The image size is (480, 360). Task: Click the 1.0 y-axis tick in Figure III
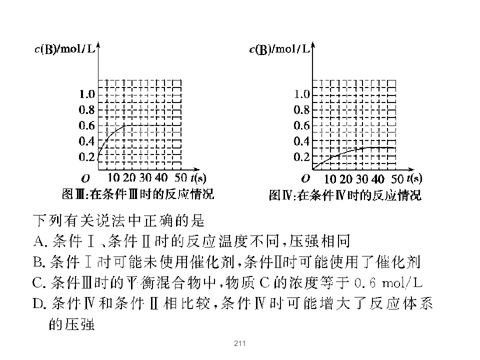click(87, 94)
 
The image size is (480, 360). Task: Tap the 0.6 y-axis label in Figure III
click(87, 125)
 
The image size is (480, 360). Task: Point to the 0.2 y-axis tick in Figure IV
click(302, 157)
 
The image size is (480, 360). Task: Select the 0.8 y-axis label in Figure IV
click(302, 110)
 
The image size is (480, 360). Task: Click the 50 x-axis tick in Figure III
click(181, 177)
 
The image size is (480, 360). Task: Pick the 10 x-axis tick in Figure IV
click(330, 179)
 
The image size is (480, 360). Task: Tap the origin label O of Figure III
click(85, 178)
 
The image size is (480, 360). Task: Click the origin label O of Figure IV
click(305, 178)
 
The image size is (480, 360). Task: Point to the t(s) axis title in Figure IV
click(414, 178)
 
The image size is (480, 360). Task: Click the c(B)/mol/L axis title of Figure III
click(65, 49)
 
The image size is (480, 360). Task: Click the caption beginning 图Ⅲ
click(138, 194)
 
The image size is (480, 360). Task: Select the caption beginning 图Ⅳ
click(345, 195)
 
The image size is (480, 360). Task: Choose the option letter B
click(39, 262)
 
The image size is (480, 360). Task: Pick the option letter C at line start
click(39, 283)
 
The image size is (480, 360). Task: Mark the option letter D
click(39, 303)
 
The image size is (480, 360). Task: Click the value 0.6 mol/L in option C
click(388, 283)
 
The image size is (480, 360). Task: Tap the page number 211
click(239, 343)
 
